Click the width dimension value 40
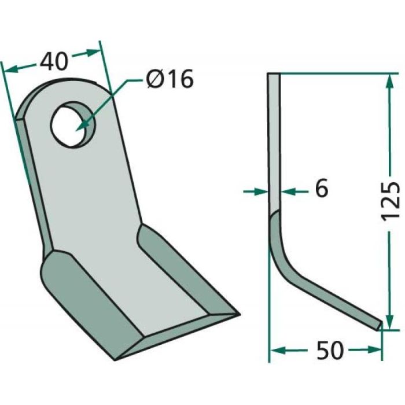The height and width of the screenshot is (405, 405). pyautogui.click(x=54, y=60)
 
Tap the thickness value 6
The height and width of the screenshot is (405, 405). pyautogui.click(x=322, y=189)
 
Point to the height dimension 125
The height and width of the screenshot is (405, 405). pyautogui.click(x=391, y=200)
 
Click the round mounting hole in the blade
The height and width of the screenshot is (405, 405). pyautogui.click(x=72, y=123)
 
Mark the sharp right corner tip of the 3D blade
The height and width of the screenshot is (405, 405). pyautogui.click(x=238, y=314)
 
